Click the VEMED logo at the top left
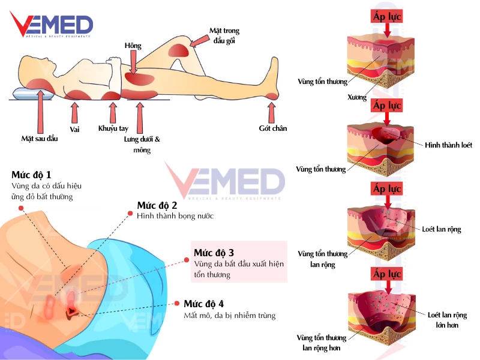click(x=51, y=26)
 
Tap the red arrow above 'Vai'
click(x=74, y=113)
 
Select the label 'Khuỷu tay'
click(x=113, y=128)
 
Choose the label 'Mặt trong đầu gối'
click(x=224, y=35)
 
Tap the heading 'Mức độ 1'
click(x=31, y=175)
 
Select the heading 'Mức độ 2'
click(x=157, y=205)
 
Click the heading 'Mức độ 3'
click(x=214, y=251)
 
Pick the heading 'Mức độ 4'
click(x=204, y=304)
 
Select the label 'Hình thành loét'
click(x=448, y=145)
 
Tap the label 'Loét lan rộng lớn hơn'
click(x=448, y=320)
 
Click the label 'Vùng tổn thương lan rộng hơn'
click(x=322, y=342)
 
